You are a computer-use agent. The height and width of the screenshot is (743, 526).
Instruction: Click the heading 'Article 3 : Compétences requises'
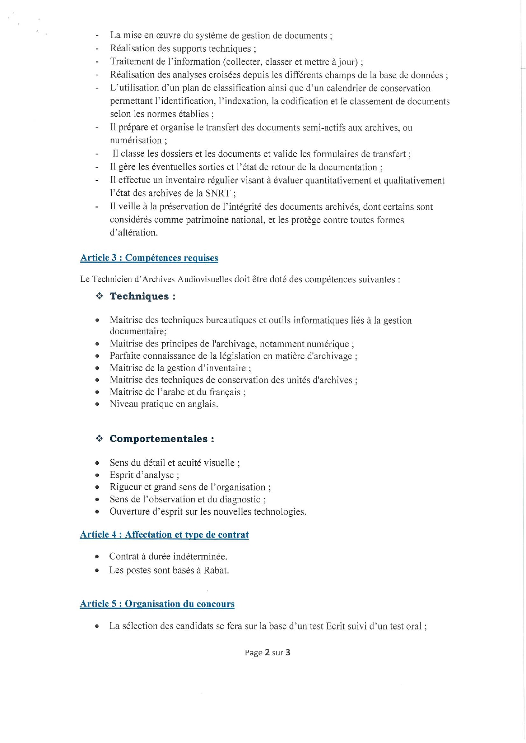point(149,258)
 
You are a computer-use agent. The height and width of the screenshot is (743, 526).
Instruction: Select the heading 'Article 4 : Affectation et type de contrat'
point(164,535)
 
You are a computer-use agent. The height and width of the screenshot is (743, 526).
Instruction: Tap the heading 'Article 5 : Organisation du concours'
point(157,604)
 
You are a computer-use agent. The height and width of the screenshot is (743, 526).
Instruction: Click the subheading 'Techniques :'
point(142,296)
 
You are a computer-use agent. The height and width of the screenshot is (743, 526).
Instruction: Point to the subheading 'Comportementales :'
point(161,439)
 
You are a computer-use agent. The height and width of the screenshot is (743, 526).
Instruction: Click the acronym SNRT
point(217,194)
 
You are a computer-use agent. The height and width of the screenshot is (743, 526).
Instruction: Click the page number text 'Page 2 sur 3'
point(267,652)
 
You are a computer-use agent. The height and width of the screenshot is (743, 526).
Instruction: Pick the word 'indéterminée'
point(200,556)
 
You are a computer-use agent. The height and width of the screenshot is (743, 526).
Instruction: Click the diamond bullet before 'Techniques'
point(100,296)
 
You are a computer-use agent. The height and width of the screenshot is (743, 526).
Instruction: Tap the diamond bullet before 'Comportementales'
point(99,439)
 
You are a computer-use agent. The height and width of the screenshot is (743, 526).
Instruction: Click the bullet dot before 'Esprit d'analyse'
point(97,475)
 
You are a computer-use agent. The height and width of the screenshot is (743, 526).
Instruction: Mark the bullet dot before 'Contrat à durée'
point(97,557)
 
